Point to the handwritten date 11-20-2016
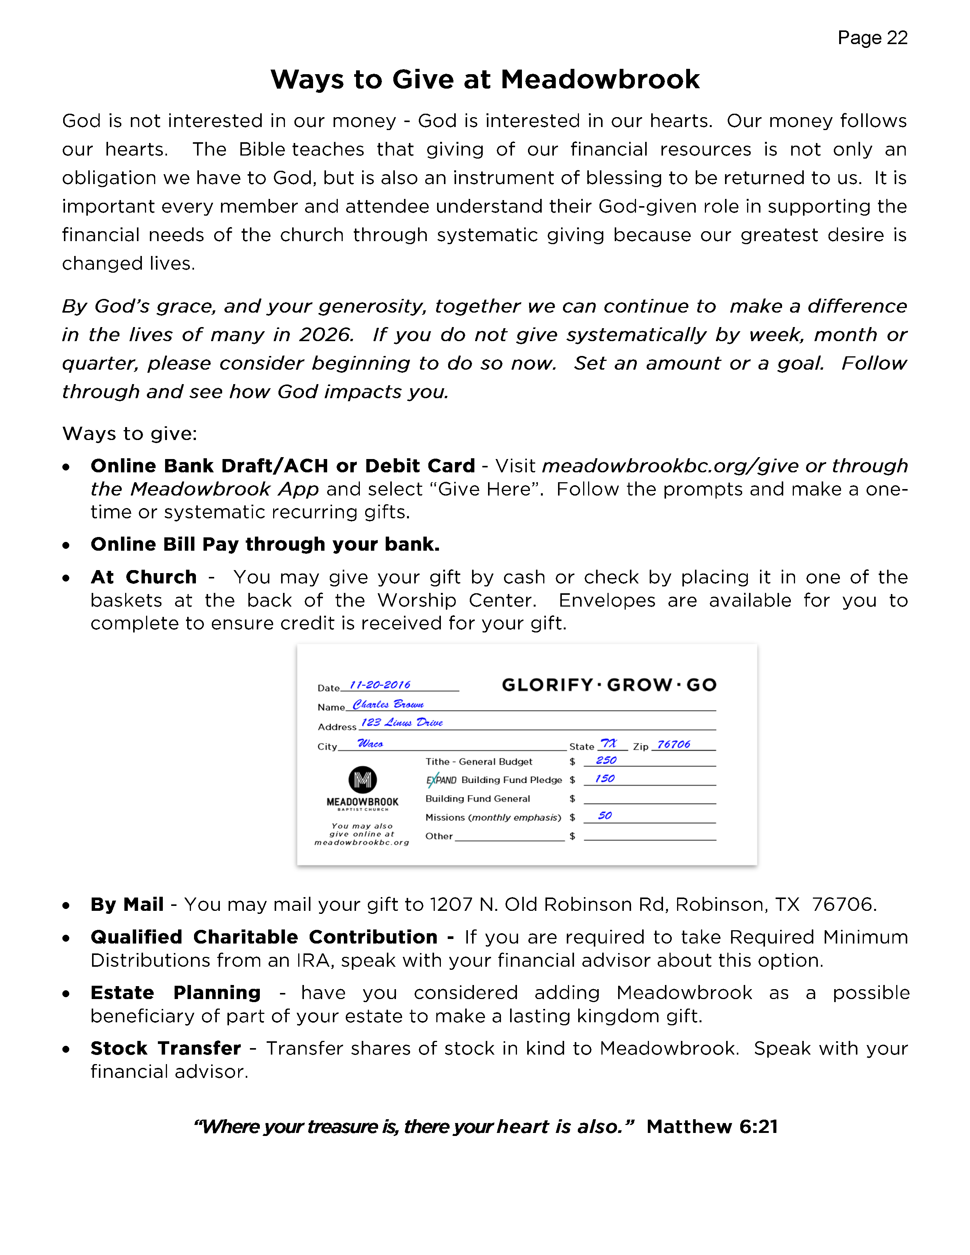(x=380, y=685)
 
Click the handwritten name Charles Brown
(x=388, y=704)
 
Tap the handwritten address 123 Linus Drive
(x=402, y=723)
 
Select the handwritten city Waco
(x=370, y=743)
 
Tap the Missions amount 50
(x=604, y=815)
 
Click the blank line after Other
(x=509, y=839)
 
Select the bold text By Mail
(x=127, y=904)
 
